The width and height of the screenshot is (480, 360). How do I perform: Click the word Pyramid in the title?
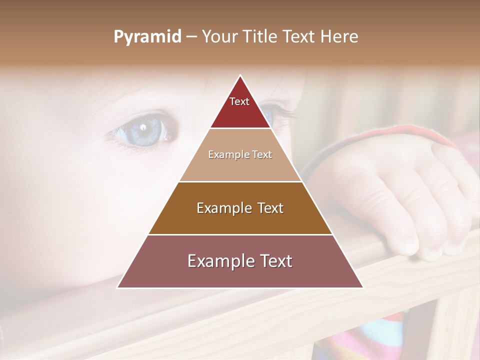click(x=147, y=37)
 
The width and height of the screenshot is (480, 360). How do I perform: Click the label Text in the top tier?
click(x=239, y=101)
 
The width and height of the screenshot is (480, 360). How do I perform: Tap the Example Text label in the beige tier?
click(x=240, y=154)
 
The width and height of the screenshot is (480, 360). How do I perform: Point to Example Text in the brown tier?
click(x=240, y=208)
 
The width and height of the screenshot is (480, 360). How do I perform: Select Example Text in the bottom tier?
click(x=240, y=261)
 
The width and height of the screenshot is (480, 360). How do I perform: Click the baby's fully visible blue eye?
click(x=143, y=130)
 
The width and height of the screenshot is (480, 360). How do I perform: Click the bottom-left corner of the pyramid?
click(x=118, y=287)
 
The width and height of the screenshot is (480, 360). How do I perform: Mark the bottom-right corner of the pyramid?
click(x=362, y=287)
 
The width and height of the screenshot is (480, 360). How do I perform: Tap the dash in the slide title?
click(x=191, y=37)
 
